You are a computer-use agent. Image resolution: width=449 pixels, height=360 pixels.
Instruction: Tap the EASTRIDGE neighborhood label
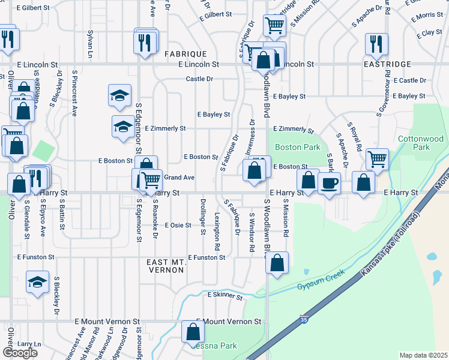point(387,64)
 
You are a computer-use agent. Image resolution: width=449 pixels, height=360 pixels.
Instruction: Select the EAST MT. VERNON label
point(165,266)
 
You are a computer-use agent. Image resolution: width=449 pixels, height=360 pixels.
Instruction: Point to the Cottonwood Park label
point(421,143)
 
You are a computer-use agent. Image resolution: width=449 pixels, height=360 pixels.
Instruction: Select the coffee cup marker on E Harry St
point(329,182)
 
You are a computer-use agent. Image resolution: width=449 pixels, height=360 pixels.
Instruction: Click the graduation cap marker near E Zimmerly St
point(123,127)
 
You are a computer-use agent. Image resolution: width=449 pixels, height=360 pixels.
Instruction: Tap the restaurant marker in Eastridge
point(376,43)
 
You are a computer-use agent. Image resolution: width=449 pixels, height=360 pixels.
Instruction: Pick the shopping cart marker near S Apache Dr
point(378,159)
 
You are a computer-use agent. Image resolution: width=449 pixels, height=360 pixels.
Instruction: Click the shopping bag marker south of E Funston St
point(277,262)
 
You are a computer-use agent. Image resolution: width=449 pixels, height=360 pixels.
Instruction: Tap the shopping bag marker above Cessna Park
point(192,331)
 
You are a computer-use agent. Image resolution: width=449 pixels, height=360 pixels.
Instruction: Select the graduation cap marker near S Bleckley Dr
point(37,282)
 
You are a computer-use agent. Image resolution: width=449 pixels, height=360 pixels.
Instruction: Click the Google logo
point(20,353)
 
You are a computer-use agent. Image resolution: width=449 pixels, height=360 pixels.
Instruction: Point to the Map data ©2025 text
point(423,355)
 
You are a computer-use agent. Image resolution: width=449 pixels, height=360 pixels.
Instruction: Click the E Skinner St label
point(224,296)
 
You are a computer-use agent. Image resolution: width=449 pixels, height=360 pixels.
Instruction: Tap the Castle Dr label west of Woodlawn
point(199,79)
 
